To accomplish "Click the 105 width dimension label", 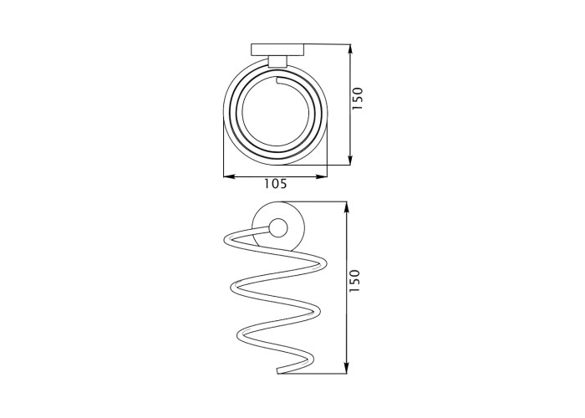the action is point(276,184).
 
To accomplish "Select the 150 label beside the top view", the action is point(358,98).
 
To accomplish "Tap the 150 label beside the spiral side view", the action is point(354,281).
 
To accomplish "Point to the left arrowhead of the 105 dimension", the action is point(229,176).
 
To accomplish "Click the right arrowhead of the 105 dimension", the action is point(322,176).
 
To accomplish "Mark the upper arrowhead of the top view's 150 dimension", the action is point(350,50).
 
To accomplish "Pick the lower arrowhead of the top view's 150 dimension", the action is point(350,160).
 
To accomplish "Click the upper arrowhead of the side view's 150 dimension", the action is point(347,207).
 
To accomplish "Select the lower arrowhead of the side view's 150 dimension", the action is point(347,368).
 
